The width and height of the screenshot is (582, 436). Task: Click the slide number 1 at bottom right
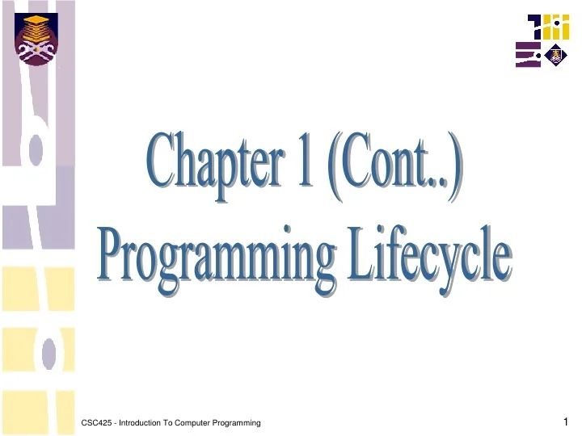point(567,421)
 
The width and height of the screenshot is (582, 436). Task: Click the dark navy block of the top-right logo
point(537,27)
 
